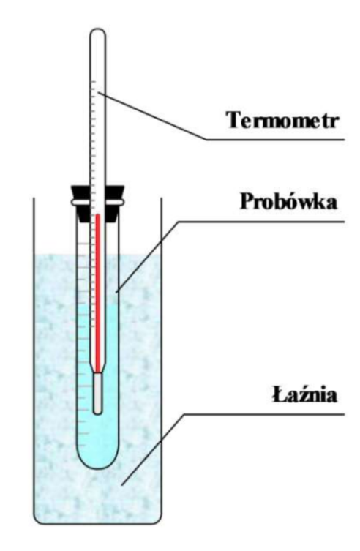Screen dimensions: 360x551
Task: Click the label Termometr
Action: coord(282,120)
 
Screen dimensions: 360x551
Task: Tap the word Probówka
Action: coord(289,201)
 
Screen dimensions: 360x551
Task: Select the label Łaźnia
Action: coord(305,394)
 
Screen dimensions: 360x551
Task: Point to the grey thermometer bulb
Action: coord(98,393)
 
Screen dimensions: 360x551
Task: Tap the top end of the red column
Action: coord(98,214)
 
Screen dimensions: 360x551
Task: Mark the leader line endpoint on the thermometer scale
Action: coord(98,92)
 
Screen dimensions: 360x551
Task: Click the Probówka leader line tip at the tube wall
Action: coord(116,291)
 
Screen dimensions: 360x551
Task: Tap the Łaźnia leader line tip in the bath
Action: coord(122,485)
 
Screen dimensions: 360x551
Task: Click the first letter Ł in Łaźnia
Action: coord(279,394)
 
